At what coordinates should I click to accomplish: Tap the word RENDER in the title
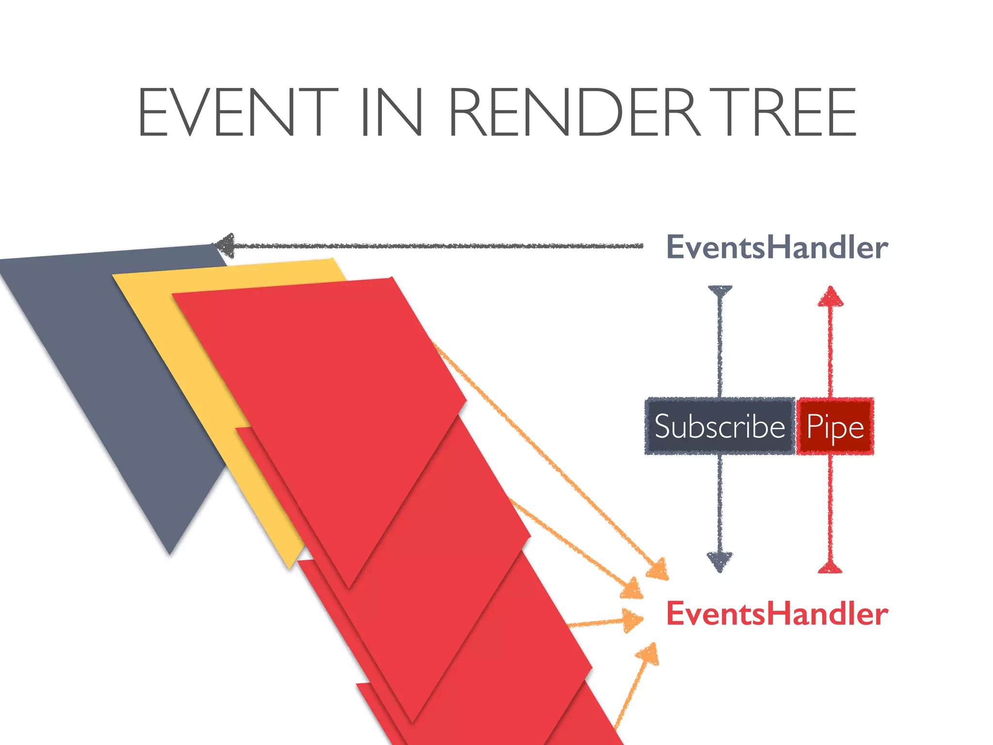click(575, 113)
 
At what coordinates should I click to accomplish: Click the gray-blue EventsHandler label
click(777, 247)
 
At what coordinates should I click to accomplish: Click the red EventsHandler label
click(777, 614)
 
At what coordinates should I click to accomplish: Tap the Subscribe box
click(720, 426)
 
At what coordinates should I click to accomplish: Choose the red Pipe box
click(835, 426)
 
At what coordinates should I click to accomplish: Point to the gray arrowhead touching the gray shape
click(224, 245)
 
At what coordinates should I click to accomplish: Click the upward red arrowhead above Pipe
click(831, 296)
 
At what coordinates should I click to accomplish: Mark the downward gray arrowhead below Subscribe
click(720, 561)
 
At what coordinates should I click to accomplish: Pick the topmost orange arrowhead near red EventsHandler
click(658, 569)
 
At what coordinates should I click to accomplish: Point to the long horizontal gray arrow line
click(436, 246)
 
